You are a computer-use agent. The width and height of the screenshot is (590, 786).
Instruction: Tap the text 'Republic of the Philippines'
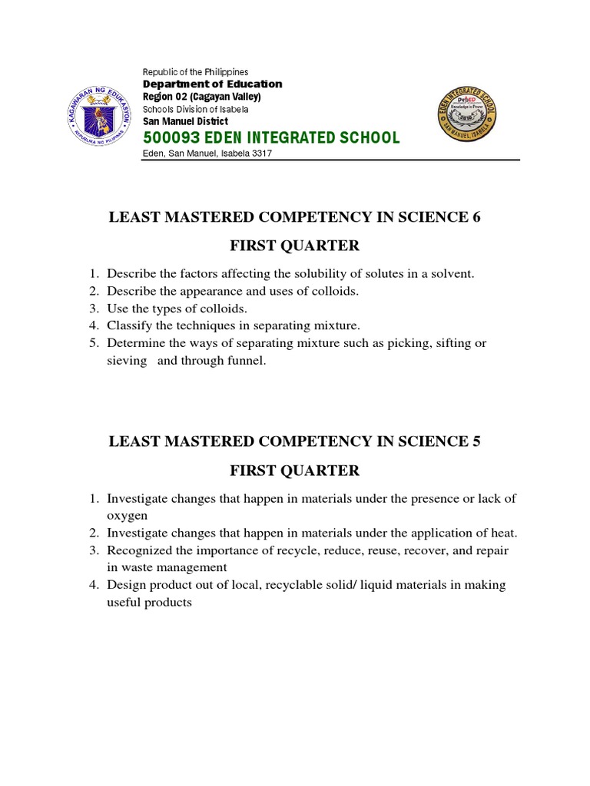click(x=195, y=71)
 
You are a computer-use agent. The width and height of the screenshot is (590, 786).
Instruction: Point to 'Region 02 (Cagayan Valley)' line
click(x=202, y=97)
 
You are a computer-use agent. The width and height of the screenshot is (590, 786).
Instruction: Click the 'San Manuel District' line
click(x=185, y=121)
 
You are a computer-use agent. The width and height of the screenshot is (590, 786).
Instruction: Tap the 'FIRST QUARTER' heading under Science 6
click(x=295, y=246)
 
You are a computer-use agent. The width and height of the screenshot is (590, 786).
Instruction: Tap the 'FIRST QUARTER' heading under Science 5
click(x=295, y=470)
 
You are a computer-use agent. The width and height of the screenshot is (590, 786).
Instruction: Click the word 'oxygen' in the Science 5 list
click(x=127, y=515)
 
